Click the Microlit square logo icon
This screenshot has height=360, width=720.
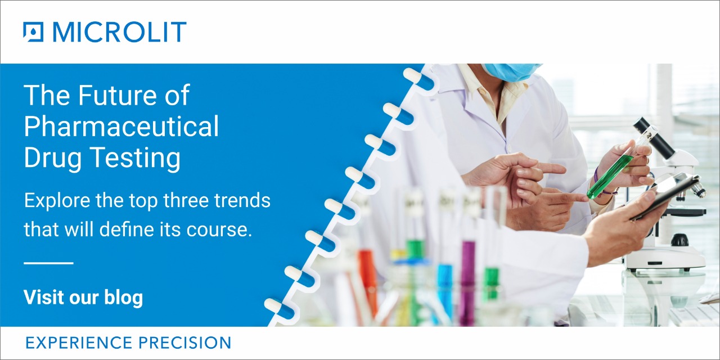pyautogui.click(x=34, y=32)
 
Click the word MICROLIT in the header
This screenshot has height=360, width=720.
pyautogui.click(x=119, y=32)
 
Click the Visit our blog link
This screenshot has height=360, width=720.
pyautogui.click(x=83, y=297)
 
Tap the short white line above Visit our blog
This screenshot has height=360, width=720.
pyautogui.click(x=48, y=263)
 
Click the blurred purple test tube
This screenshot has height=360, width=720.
pyautogui.click(x=467, y=281)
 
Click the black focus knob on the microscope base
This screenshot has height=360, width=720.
pyautogui.click(x=679, y=240)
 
